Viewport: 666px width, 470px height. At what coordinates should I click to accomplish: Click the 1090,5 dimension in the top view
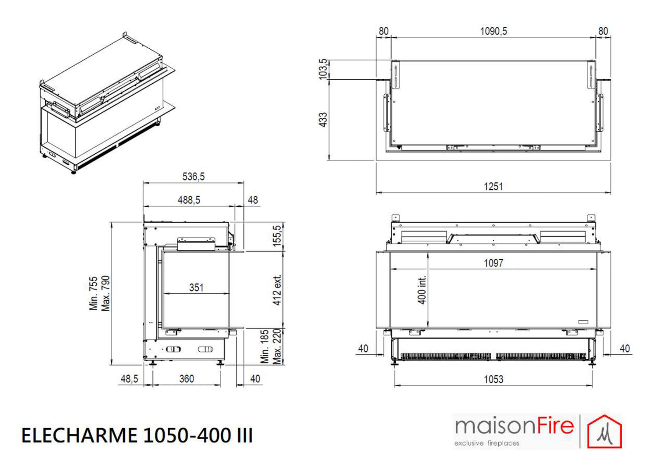click(x=494, y=31)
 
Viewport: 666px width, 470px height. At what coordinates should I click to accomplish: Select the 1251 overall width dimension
click(x=493, y=187)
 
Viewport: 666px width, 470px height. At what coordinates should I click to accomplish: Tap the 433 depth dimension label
click(x=323, y=120)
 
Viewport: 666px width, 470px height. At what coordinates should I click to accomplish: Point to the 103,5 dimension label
click(x=323, y=69)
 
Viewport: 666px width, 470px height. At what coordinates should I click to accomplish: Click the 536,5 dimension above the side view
click(x=194, y=177)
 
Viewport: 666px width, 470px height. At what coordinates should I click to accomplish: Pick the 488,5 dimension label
click(x=189, y=200)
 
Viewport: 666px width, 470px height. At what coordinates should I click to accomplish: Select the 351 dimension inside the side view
click(x=196, y=287)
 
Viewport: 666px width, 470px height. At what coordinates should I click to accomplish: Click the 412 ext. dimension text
click(x=277, y=290)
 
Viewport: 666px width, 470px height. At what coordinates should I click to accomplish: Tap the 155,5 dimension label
click(x=277, y=236)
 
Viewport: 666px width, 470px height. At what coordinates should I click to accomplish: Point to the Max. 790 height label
click(x=106, y=294)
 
